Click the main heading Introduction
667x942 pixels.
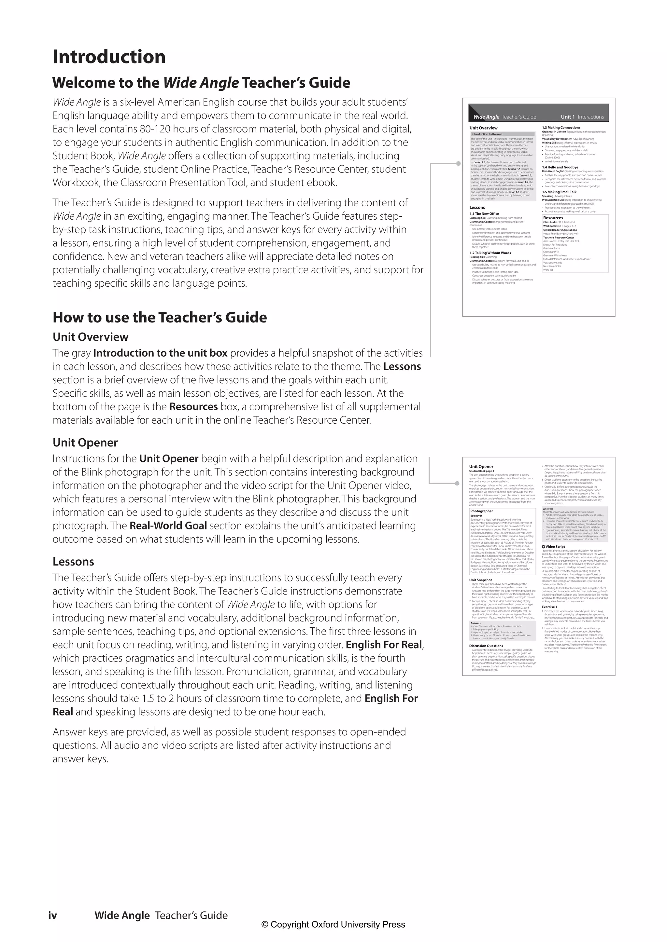click(x=109, y=57)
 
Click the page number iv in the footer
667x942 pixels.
click(x=52, y=915)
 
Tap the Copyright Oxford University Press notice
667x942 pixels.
click(x=333, y=924)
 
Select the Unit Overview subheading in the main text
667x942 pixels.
click(x=90, y=337)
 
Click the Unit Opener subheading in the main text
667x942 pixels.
click(x=85, y=442)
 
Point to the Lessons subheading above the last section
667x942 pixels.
click(x=73, y=561)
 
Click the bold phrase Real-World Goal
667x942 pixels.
click(x=168, y=526)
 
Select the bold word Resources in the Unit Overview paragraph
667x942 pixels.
click(x=193, y=407)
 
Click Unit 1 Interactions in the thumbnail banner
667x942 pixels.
click(x=582, y=117)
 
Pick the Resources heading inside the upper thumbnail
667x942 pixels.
click(x=553, y=218)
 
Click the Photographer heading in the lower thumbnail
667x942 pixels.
click(x=481, y=511)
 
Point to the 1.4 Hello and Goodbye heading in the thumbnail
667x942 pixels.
click(x=560, y=167)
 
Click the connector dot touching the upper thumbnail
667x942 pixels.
click(x=458, y=164)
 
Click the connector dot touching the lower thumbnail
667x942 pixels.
click(x=457, y=483)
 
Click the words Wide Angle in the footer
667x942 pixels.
click(x=122, y=915)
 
